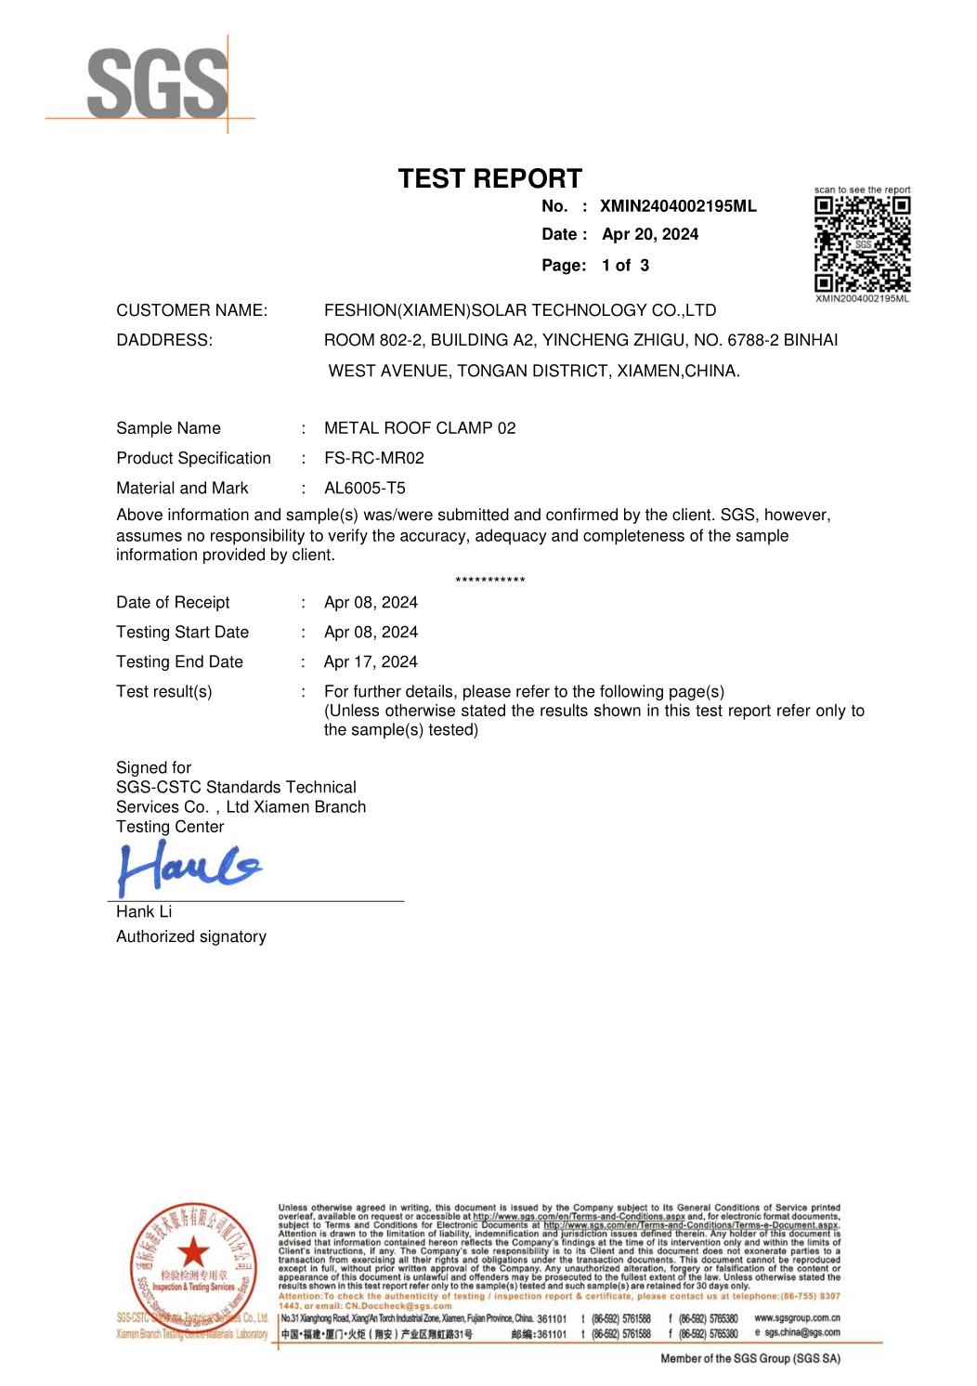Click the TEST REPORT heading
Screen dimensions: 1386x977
[x=489, y=178]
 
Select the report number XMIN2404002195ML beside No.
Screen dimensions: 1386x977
[x=678, y=206]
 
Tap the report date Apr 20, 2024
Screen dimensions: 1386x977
[x=650, y=234]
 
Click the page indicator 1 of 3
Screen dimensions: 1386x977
[x=625, y=266]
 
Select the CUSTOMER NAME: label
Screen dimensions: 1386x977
[x=192, y=310]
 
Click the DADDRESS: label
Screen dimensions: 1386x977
[x=164, y=340]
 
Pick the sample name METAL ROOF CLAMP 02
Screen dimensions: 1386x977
[x=420, y=428]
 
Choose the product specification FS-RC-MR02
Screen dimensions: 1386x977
[x=374, y=458]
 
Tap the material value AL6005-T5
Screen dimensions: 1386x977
[x=365, y=488]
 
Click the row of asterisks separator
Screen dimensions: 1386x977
[x=490, y=581]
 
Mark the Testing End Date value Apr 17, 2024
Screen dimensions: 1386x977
[x=371, y=661]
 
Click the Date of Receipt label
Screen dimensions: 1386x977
[x=173, y=602]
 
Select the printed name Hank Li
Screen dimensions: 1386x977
[x=144, y=911]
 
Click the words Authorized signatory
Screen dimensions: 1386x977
[x=191, y=936]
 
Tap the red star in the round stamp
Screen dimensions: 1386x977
[x=193, y=1252]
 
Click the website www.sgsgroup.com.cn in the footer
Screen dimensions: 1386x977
[x=797, y=1318]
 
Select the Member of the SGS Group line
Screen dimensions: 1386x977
[x=749, y=1358]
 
